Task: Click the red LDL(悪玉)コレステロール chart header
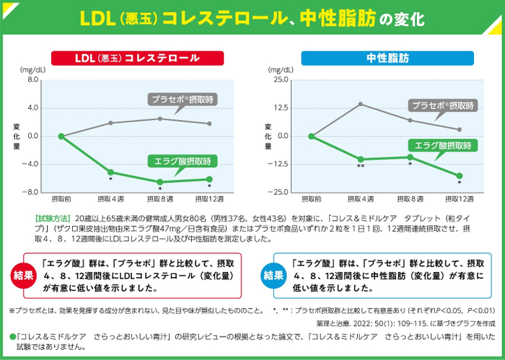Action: [x=133, y=58]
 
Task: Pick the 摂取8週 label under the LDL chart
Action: [x=160, y=198]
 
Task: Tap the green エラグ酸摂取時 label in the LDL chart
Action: [x=182, y=160]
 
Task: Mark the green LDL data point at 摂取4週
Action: [x=110, y=172]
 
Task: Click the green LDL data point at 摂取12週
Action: [x=210, y=179]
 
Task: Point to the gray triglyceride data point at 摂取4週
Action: [x=361, y=104]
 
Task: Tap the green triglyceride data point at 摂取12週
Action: [x=460, y=175]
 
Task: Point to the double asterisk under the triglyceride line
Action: [x=361, y=167]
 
